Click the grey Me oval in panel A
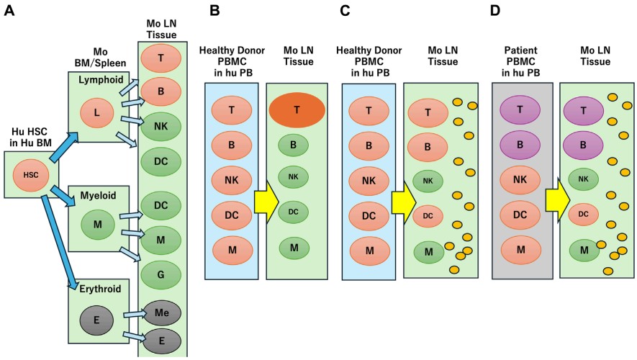click(162, 313)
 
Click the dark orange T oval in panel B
click(296, 111)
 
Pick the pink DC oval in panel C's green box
click(427, 215)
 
